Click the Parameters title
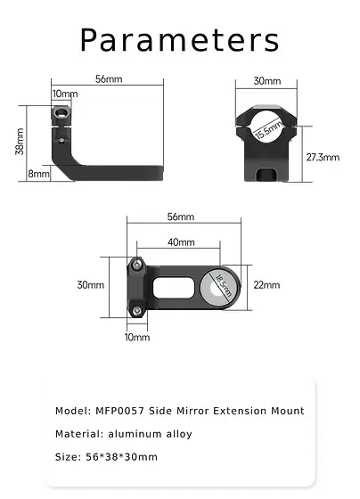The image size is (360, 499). coord(180,40)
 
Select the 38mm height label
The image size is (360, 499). coord(20,141)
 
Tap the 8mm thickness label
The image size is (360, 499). coord(38,174)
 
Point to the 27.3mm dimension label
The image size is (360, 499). coord(322,157)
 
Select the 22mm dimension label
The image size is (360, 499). coord(266,285)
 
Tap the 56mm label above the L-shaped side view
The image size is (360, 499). coord(108,79)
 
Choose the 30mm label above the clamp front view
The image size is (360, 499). coord(266,81)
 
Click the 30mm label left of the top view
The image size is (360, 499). coord(90,285)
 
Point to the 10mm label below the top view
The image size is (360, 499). coord(137,338)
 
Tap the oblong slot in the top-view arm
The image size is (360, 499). coord(174,286)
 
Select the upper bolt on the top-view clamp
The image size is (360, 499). coord(137,264)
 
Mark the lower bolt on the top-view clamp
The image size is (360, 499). coord(137,308)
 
